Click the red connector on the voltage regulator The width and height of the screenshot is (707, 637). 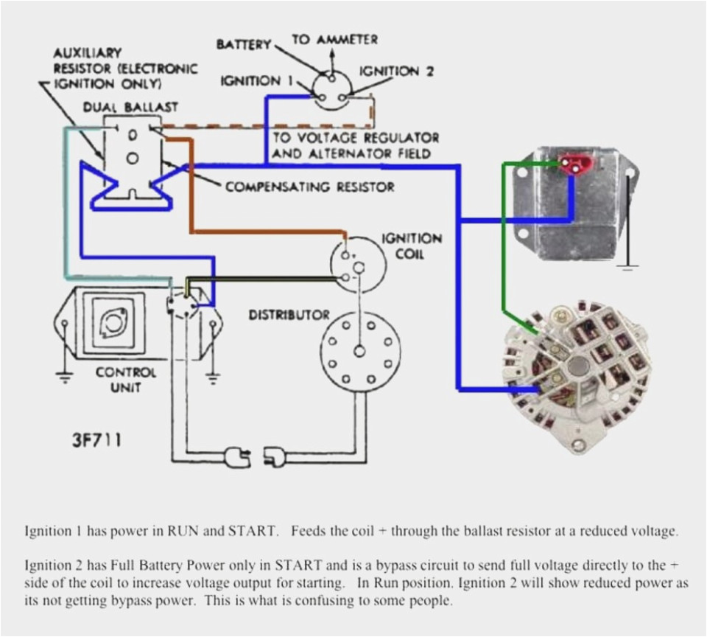click(570, 163)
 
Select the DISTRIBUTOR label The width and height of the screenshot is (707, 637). click(289, 315)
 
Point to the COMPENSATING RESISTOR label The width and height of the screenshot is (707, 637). click(309, 187)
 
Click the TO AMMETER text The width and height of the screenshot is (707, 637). click(335, 39)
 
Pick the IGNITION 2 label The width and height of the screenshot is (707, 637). click(396, 72)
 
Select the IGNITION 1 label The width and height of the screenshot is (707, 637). click(250, 81)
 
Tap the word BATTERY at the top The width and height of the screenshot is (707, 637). click(243, 45)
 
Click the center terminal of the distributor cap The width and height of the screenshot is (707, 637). click(359, 350)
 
